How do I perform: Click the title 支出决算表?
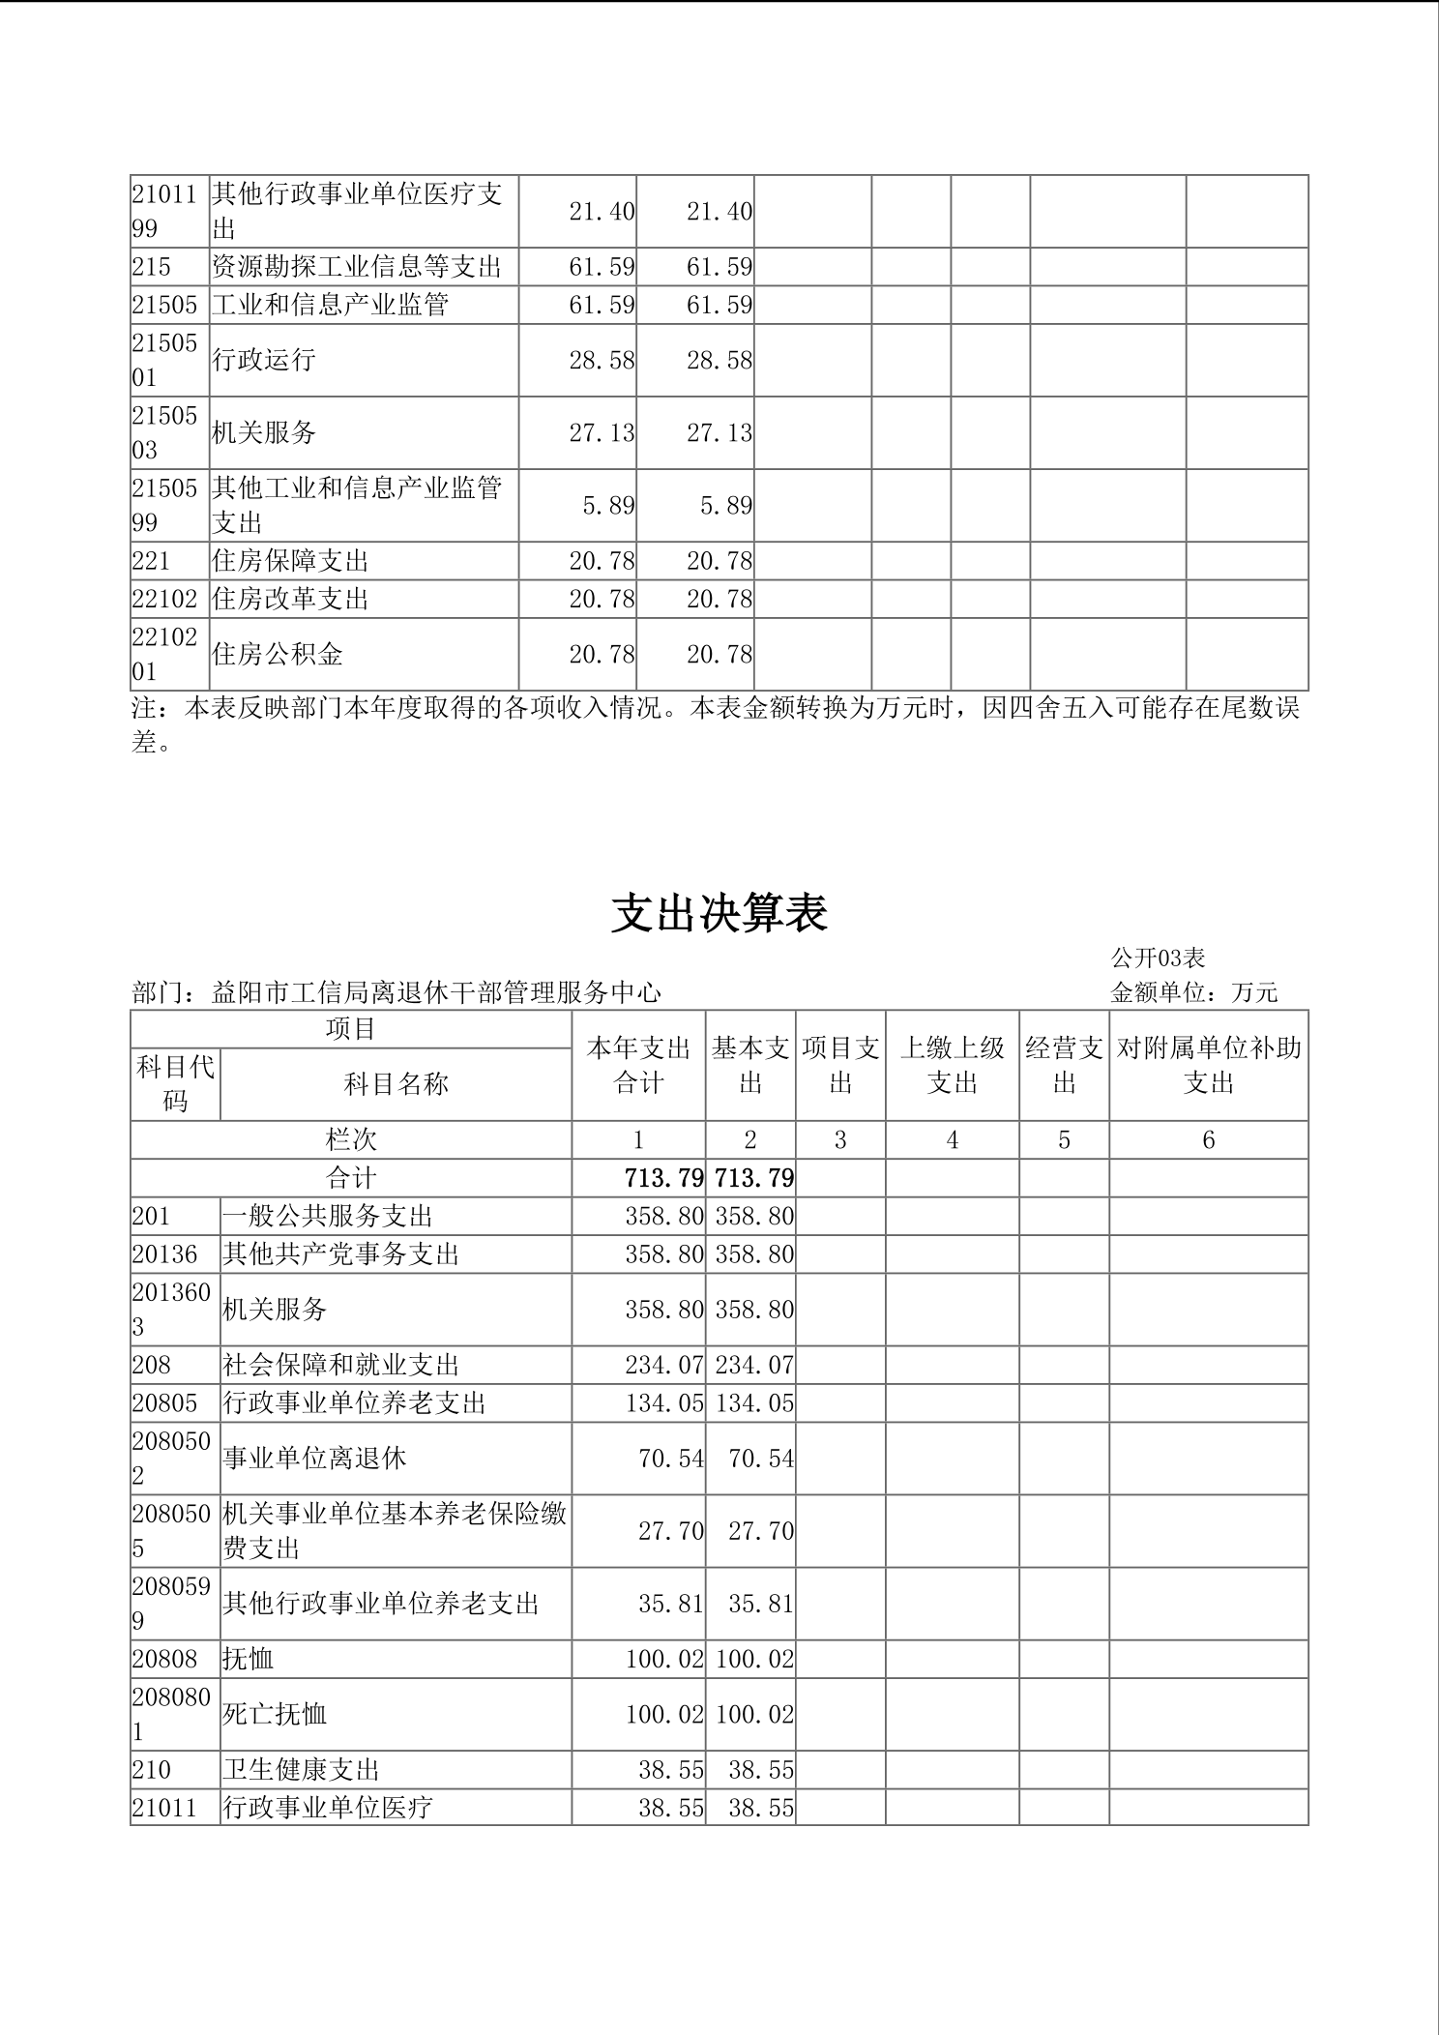pos(719,913)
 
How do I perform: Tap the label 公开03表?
pos(1158,958)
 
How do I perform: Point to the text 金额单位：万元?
pos(1194,992)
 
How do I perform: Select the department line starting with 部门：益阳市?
pos(396,992)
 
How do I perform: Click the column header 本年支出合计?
pos(638,1065)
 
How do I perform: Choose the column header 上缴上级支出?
pos(952,1065)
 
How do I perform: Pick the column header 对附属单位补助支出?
pos(1208,1065)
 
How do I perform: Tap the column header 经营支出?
pos(1064,1065)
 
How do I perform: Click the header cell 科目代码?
pos(175,1083)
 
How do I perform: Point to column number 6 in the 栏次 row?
pos(1208,1140)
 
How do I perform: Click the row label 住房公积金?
pos(278,655)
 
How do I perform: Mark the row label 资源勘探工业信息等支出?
pos(357,267)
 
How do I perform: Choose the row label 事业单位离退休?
pos(314,1458)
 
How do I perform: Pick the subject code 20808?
pos(164,1659)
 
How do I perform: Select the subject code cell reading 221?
pos(151,561)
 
